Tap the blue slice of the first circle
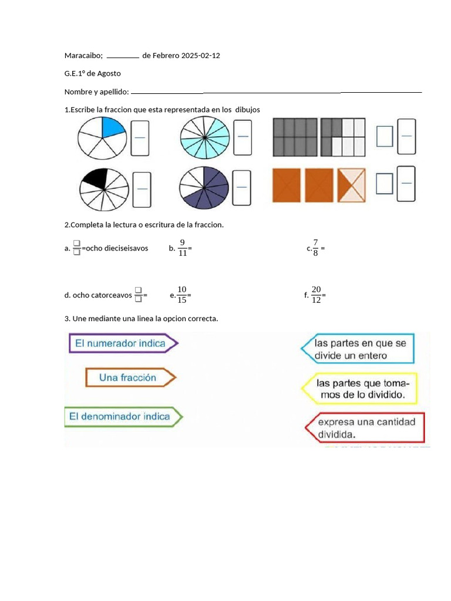[113, 128]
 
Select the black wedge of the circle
[94, 178]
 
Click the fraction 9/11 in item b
[182, 248]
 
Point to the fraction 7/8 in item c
[315, 248]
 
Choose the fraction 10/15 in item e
[181, 295]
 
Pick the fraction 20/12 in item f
[317, 295]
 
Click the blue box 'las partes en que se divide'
[358, 349]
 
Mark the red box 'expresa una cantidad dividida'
[366, 428]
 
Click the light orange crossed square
[351, 185]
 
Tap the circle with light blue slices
[205, 138]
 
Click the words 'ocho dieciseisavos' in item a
[117, 248]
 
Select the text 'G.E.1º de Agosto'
[93, 73]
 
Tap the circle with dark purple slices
[204, 188]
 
